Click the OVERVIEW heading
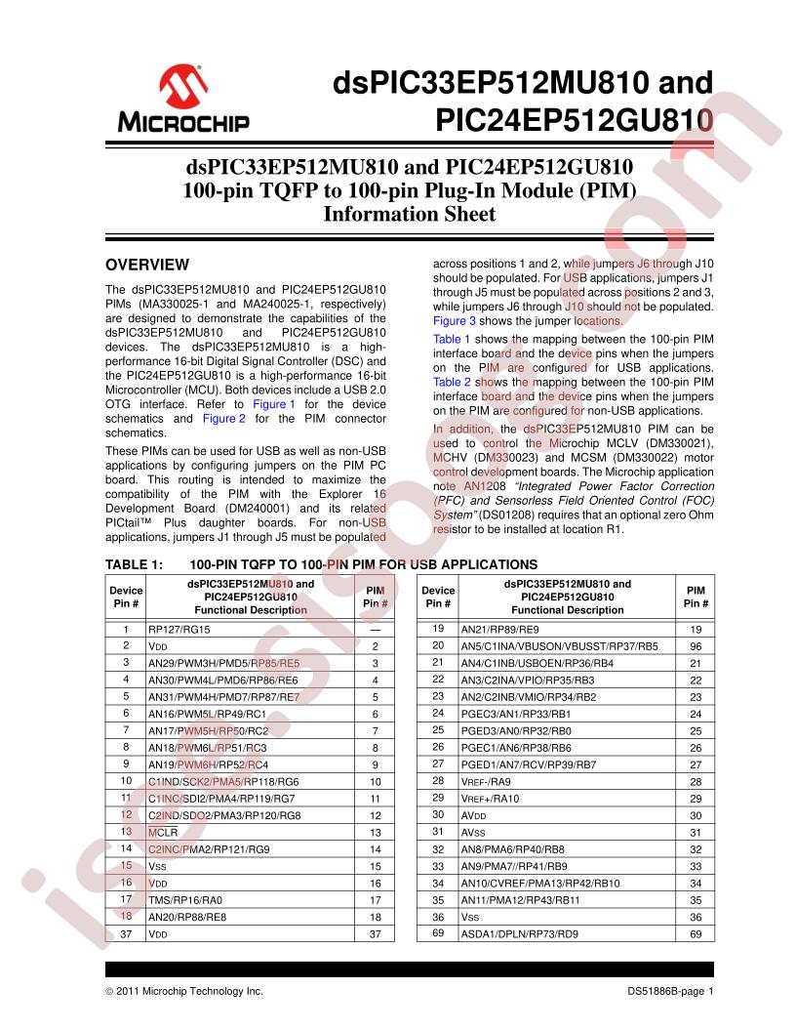tap(146, 265)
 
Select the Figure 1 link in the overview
tap(273, 403)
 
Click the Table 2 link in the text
tap(452, 383)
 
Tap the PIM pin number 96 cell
tap(696, 646)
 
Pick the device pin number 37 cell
tap(126, 934)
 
